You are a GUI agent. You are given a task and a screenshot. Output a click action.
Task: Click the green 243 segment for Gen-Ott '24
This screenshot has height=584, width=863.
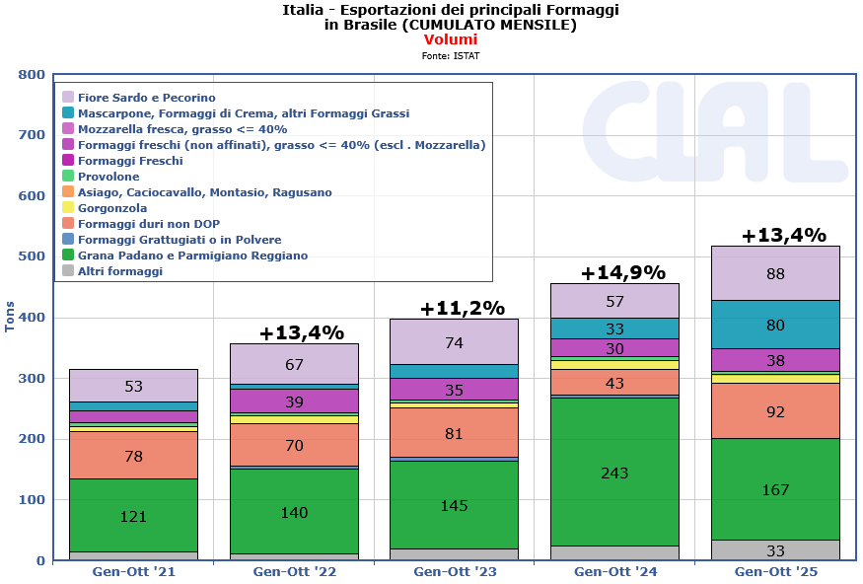pyautogui.click(x=614, y=472)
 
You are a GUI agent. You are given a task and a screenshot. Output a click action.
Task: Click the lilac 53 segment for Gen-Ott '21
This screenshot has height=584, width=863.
pyautogui.click(x=133, y=386)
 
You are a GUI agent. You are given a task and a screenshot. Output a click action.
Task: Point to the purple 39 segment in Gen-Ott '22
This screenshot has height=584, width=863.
pyautogui.click(x=294, y=401)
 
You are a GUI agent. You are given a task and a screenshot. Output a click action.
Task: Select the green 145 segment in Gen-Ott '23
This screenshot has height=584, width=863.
pyautogui.click(x=454, y=504)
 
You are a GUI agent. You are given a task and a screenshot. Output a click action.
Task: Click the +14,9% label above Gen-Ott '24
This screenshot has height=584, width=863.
pyautogui.click(x=622, y=272)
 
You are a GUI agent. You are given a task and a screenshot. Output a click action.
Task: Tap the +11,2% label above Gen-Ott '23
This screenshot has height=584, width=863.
pyautogui.click(x=462, y=308)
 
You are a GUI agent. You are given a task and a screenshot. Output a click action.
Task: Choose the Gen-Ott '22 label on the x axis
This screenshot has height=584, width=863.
pyautogui.click(x=294, y=571)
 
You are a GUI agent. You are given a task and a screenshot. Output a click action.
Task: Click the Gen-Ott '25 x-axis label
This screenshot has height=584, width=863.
pyautogui.click(x=775, y=571)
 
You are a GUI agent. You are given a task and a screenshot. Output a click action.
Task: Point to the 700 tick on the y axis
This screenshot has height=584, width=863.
pyautogui.click(x=33, y=135)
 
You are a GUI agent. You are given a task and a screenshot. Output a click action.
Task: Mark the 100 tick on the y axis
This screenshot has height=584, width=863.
pyautogui.click(x=33, y=500)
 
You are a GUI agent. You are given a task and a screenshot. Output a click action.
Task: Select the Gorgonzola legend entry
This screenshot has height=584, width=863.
pyautogui.click(x=111, y=208)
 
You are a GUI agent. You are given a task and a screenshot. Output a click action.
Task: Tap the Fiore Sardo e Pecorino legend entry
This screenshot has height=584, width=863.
pyautogui.click(x=146, y=98)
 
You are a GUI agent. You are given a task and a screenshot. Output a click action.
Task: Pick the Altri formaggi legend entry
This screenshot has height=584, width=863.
pyautogui.click(x=119, y=271)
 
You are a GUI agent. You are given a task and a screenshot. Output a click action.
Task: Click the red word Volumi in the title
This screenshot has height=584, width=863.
pyautogui.click(x=451, y=39)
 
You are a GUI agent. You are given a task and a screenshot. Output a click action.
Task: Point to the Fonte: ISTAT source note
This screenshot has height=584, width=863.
pyautogui.click(x=451, y=56)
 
